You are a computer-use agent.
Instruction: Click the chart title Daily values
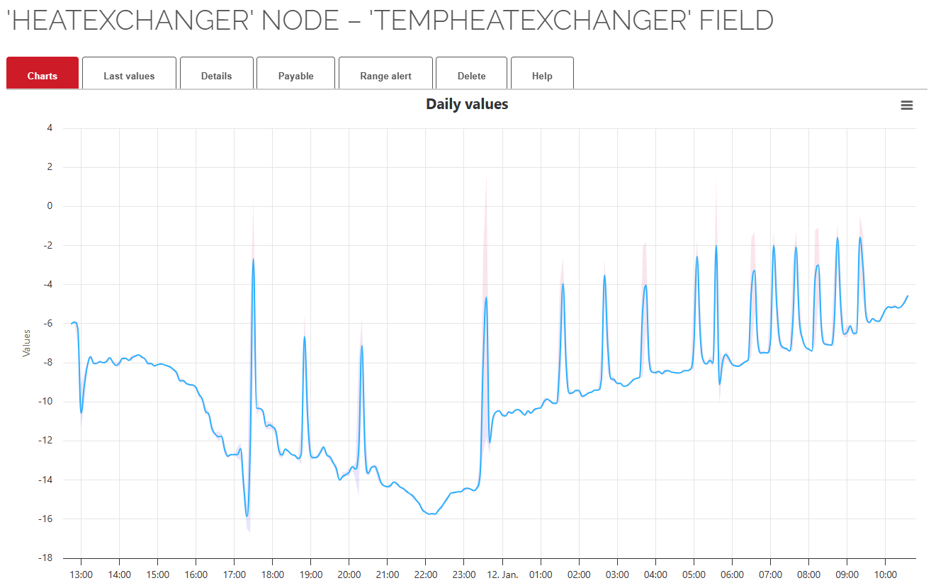(x=467, y=104)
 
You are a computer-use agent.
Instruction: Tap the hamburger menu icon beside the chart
(x=906, y=106)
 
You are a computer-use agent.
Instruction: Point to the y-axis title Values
(x=27, y=343)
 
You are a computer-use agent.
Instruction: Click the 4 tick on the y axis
(x=50, y=128)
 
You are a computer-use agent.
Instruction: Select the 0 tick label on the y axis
(x=50, y=206)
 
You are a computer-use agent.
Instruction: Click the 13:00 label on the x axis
(x=81, y=574)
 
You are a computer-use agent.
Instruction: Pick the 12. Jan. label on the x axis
(x=502, y=574)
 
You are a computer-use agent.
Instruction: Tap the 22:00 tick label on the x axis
(x=426, y=574)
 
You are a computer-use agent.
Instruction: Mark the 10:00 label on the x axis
(x=886, y=574)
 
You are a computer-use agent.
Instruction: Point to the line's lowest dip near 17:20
(x=247, y=516)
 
